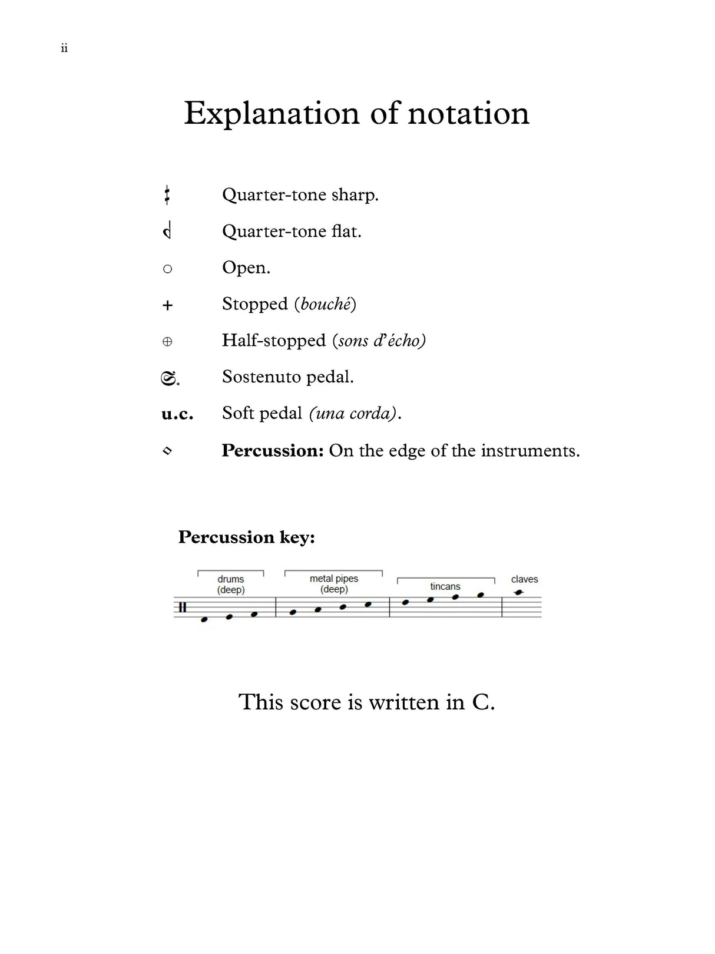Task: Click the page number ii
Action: click(x=64, y=48)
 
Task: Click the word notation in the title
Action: click(x=468, y=113)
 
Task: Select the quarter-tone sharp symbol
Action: click(x=167, y=195)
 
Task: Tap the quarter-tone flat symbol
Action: click(x=167, y=231)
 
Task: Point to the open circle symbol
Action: click(x=167, y=269)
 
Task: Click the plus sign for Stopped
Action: click(x=167, y=305)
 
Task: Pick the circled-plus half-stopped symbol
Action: click(x=167, y=342)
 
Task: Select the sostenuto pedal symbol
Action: click(x=170, y=378)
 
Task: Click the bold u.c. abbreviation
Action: click(x=177, y=414)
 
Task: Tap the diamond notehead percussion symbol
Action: click(x=167, y=451)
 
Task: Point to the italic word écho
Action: click(x=403, y=341)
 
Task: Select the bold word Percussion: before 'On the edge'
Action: click(x=273, y=451)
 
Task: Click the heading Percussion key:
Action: click(x=246, y=537)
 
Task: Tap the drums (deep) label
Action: click(x=231, y=585)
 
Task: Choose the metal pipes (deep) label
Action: click(x=334, y=584)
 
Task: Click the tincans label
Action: click(x=445, y=586)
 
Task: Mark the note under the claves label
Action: click(x=518, y=592)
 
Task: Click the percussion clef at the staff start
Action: click(x=183, y=608)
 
